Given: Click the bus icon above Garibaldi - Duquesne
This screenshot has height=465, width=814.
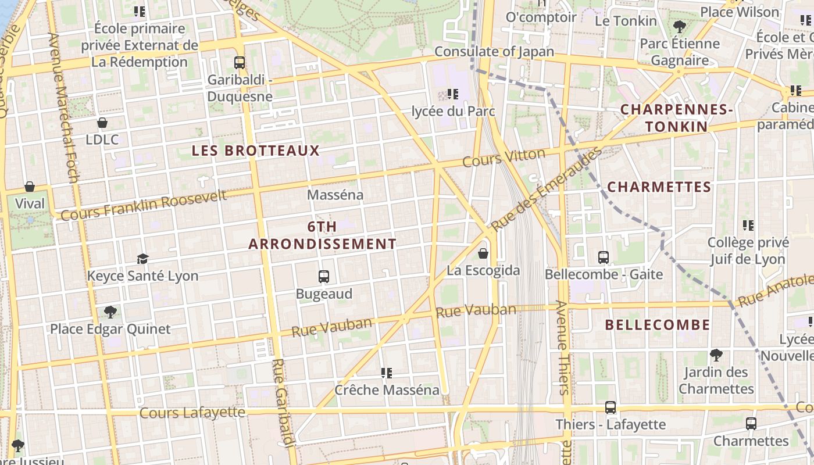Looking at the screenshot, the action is tap(239, 63).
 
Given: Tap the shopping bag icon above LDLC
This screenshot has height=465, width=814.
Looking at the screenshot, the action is tap(102, 123).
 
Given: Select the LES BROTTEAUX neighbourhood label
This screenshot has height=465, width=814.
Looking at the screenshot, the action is tap(256, 151).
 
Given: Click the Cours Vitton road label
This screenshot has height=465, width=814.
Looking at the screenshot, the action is tap(504, 157).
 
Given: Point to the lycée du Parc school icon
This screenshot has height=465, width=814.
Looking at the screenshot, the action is tap(453, 94).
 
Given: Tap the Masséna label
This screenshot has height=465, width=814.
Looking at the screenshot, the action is tap(335, 195).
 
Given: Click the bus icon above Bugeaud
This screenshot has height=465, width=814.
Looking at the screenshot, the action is tap(324, 277).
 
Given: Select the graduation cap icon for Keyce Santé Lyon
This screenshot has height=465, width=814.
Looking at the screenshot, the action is tap(142, 259).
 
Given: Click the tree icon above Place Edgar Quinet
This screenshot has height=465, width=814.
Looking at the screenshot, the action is tap(110, 312).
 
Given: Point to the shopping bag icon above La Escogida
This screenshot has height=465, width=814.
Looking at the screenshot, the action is tap(483, 253).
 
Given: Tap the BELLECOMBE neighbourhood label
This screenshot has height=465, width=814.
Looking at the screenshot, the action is tap(658, 325).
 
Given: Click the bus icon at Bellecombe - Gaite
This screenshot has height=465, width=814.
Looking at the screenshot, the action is tap(604, 257).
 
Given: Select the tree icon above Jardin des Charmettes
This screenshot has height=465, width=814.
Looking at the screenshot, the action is tap(716, 355).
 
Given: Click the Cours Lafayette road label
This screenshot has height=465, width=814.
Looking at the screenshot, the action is tap(192, 413).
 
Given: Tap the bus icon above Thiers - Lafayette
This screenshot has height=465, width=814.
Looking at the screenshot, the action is tap(610, 407).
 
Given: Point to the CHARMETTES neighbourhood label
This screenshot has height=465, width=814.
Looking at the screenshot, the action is tap(659, 187).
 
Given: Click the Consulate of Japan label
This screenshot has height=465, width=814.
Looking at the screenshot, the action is tap(494, 51).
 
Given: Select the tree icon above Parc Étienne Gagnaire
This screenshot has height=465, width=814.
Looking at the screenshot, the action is tap(679, 26).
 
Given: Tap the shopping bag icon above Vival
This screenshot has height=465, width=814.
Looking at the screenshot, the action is tap(30, 187).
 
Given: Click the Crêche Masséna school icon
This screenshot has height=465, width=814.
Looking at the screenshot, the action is tap(387, 373).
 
